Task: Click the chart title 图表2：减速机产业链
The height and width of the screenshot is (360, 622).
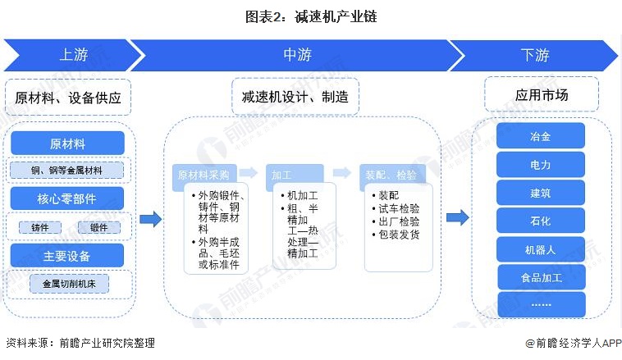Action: pos(311,16)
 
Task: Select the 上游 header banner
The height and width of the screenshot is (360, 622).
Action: pos(70,55)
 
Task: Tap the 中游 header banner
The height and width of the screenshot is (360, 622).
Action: pos(297,55)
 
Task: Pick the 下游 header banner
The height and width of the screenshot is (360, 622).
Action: pos(535,55)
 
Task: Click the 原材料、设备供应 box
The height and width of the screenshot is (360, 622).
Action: pos(68,97)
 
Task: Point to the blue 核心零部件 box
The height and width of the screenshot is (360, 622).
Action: pos(67,198)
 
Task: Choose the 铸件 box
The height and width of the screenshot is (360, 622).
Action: pos(40,227)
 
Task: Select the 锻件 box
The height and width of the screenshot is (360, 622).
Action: pos(98,227)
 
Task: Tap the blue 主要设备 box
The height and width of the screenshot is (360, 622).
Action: pos(67,255)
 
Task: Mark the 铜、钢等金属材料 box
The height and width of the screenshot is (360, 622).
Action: pos(67,171)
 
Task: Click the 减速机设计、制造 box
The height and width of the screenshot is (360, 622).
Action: pos(295,97)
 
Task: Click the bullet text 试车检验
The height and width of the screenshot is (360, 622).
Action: pos(399,209)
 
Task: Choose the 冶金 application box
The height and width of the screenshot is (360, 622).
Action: pos(541,136)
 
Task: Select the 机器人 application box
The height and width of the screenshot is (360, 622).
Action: pos(541,249)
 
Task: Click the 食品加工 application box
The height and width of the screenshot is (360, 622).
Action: pos(541,277)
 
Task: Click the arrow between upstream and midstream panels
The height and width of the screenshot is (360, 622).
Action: pos(150,218)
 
